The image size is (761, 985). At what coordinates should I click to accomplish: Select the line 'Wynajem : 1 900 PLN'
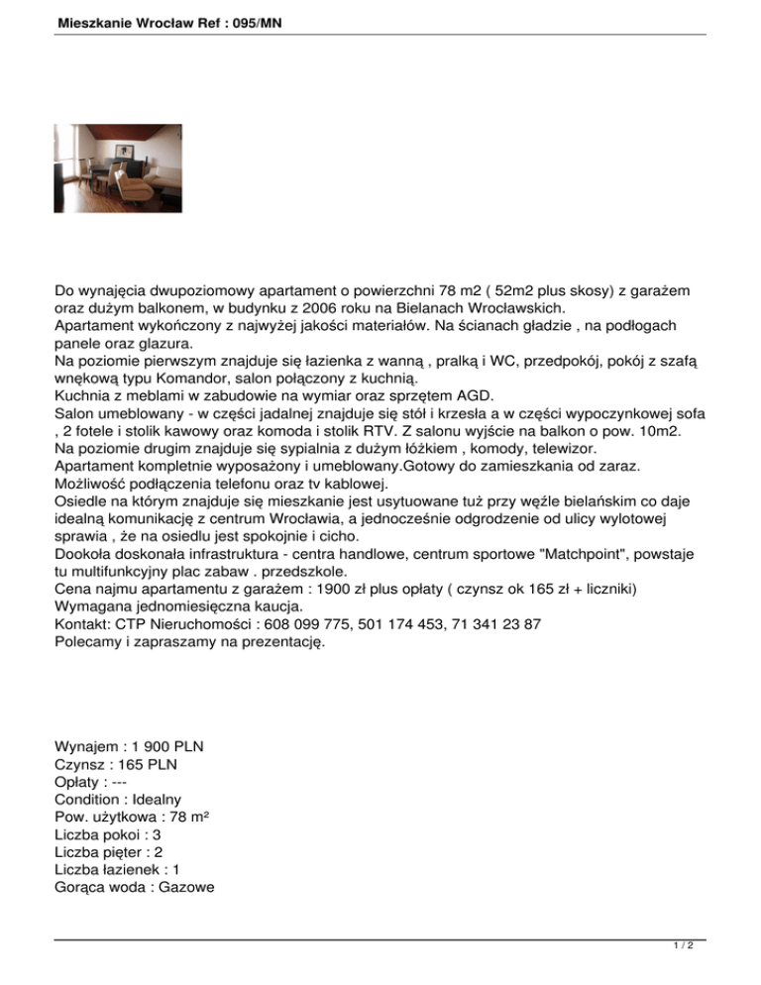[136, 745]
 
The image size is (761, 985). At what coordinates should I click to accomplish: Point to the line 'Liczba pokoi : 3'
[108, 834]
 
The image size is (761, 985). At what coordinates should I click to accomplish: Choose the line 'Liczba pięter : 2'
[110, 852]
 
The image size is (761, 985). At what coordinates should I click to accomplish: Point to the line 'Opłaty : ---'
[94, 781]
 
